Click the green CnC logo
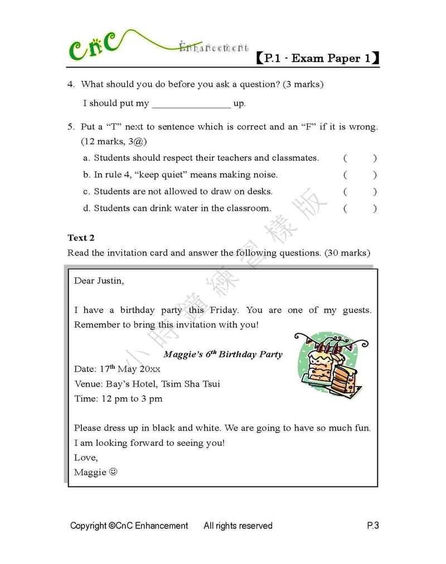[x=94, y=47]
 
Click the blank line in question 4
[x=191, y=104]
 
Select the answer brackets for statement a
[x=360, y=158]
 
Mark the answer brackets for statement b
[x=360, y=175]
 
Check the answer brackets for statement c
[x=360, y=191]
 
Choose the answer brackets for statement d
[x=360, y=209]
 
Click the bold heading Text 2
[x=81, y=238]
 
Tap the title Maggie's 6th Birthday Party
[x=223, y=354]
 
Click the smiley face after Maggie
[x=113, y=472]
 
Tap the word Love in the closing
[x=85, y=457]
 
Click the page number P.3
[x=372, y=526]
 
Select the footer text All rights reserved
[x=238, y=526]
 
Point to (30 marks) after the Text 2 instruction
[x=347, y=253]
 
